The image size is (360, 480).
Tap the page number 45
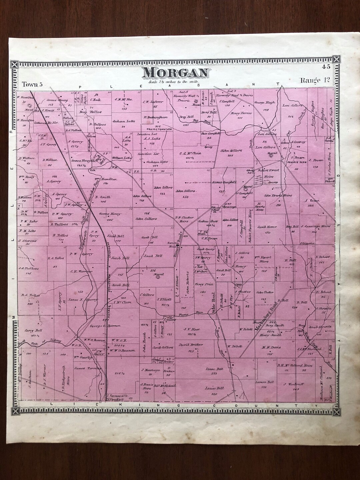[326, 67]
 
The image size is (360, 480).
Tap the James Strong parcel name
[57, 100]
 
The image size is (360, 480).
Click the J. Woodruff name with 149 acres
[293, 384]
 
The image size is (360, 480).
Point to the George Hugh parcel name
[265, 103]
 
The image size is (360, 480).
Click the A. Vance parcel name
[312, 201]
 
